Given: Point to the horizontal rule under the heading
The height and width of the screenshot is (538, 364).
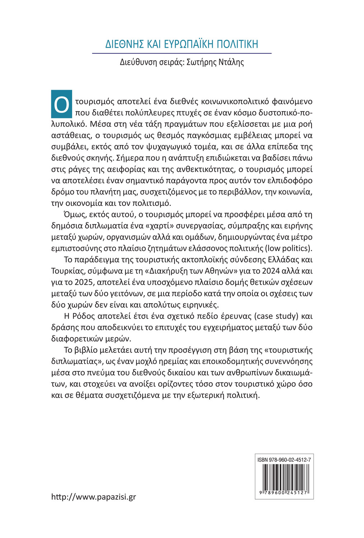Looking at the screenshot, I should coord(182,53).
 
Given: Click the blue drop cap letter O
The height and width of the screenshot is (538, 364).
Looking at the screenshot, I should coord(62,104).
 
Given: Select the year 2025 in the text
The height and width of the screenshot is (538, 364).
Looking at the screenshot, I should coord(83,282).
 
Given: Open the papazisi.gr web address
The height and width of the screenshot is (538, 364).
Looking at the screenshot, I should coord(94,497).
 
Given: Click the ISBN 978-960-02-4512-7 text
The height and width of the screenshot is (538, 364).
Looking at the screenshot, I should coord(284,459).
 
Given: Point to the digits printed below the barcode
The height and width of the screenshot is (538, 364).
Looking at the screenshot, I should coord(284,493).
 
